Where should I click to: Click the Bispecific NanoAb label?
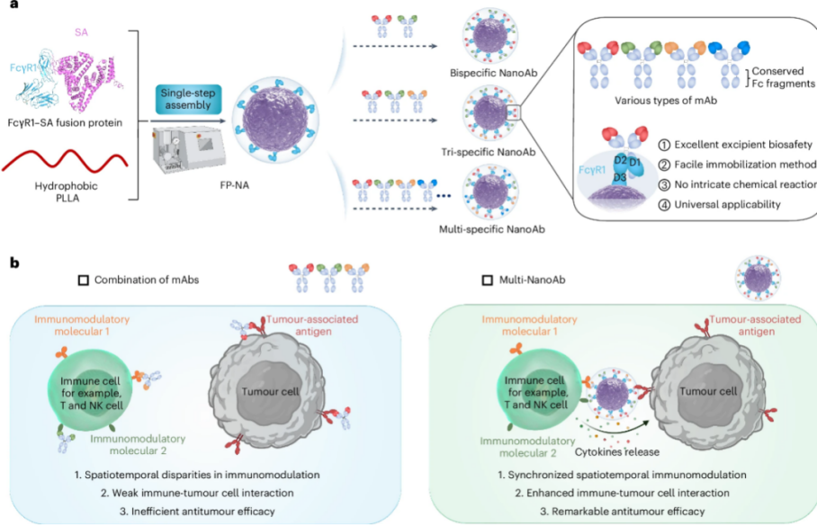pyautogui.click(x=487, y=72)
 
